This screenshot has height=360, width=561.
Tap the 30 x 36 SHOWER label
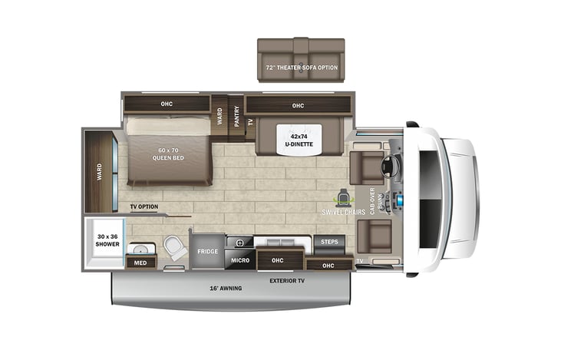point(107,239)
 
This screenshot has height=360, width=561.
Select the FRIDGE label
point(208,251)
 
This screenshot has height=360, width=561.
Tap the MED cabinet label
point(140,263)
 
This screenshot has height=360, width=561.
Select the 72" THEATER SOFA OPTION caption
point(302,68)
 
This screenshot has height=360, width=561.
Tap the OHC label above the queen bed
point(167,104)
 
